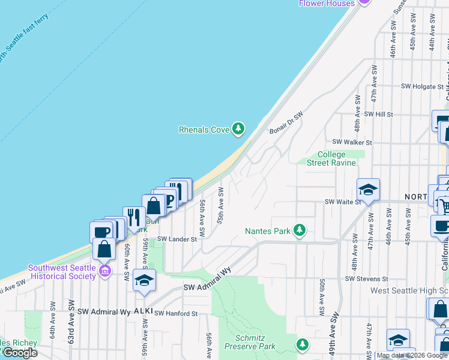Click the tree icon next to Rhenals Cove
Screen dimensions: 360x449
pyautogui.click(x=239, y=129)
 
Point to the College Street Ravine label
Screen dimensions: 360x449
pyautogui.click(x=331, y=158)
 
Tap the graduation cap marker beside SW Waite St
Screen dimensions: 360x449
pyautogui.click(x=368, y=190)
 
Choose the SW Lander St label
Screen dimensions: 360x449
pyautogui.click(x=177, y=239)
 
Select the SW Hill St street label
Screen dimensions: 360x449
pyautogui.click(x=378, y=114)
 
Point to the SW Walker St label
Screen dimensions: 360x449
pyautogui.click(x=352, y=142)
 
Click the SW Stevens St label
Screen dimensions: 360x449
pyautogui.click(x=367, y=279)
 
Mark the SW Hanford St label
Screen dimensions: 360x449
pyautogui.click(x=176, y=314)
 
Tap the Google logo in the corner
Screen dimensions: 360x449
pyautogui.click(x=20, y=353)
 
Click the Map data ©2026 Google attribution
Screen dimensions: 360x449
pyautogui.click(x=412, y=355)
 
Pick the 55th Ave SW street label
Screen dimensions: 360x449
pyautogui.click(x=221, y=205)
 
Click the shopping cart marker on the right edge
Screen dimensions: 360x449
pyautogui.click(x=443, y=205)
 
